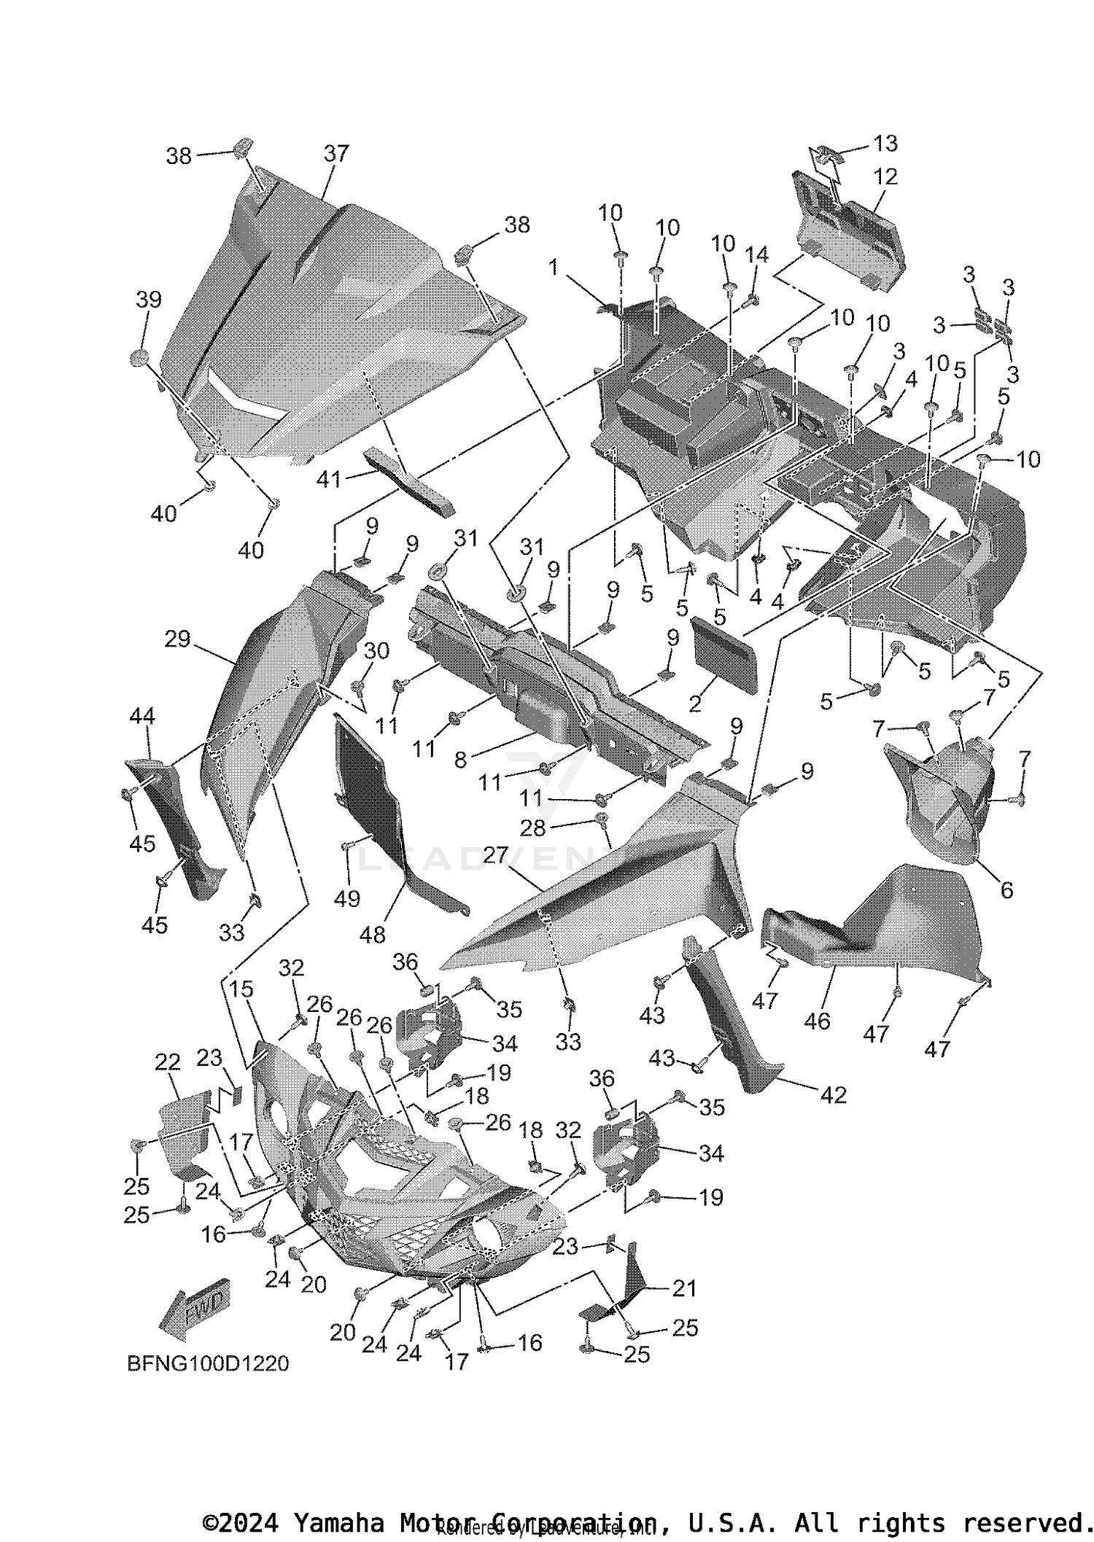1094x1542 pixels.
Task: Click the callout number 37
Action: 336,154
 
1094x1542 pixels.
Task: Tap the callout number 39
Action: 148,300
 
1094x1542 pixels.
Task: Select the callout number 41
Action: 329,480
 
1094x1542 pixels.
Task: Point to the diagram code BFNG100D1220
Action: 208,1363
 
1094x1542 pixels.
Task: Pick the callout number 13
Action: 885,144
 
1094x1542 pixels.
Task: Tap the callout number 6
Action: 1006,889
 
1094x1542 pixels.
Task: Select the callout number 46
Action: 817,1021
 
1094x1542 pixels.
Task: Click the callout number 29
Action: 177,639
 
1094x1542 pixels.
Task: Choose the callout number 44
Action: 142,717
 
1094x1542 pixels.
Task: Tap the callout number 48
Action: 373,934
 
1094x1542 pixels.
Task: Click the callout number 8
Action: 460,760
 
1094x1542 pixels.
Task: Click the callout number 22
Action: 168,1062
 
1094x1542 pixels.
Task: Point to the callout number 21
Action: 683,1288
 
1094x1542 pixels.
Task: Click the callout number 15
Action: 241,989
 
